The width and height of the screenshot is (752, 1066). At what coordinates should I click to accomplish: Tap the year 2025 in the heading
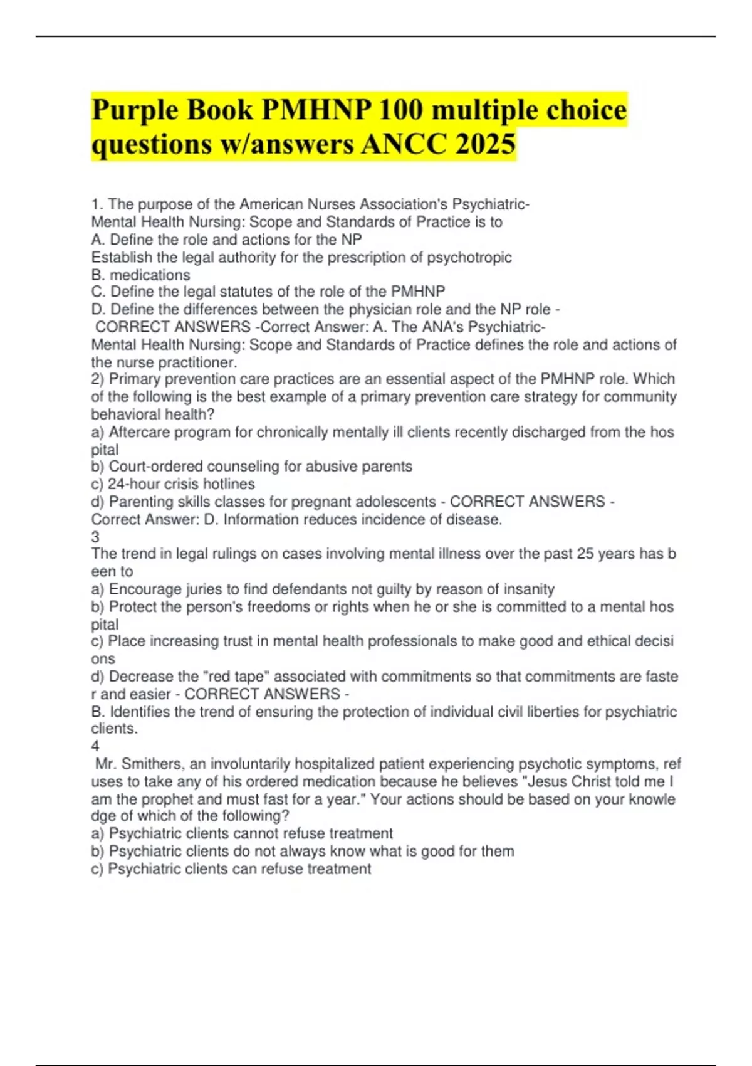[486, 144]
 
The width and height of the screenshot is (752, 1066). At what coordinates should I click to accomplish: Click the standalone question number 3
[95, 537]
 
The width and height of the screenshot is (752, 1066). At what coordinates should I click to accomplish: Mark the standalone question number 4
[95, 746]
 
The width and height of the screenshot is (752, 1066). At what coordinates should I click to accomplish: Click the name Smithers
[152, 764]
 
